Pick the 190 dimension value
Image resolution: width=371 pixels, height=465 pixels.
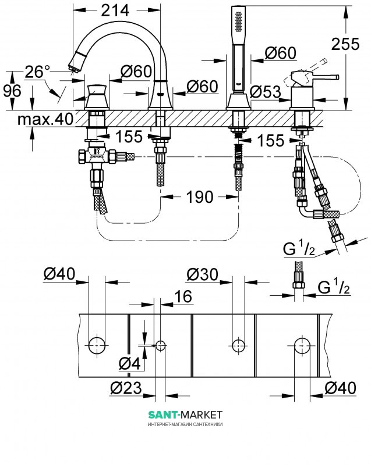tap(200, 198)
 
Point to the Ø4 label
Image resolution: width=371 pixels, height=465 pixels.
tap(129, 364)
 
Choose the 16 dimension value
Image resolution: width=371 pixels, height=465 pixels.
tap(183, 296)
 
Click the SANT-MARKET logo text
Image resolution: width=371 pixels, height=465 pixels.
tap(185, 414)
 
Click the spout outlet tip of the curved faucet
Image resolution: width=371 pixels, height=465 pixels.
tap(73, 66)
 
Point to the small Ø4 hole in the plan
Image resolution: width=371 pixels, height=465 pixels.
tap(160, 345)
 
